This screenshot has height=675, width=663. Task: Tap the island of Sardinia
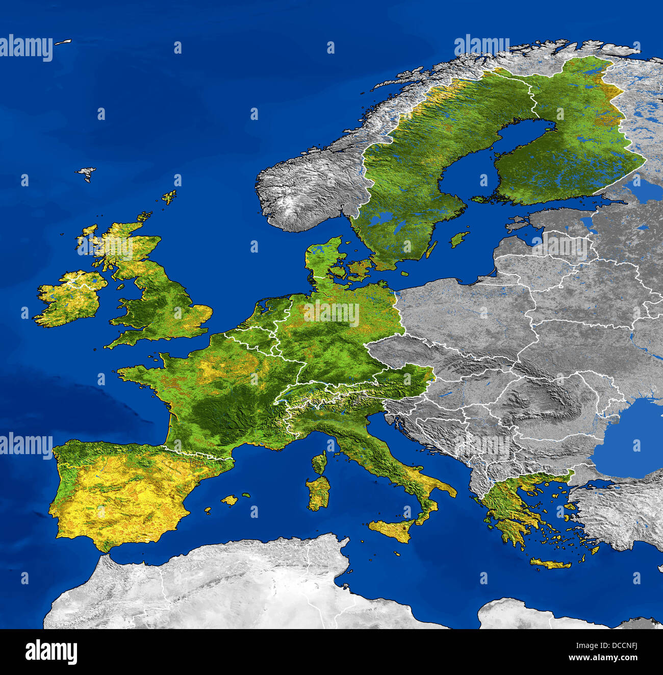tap(319, 493)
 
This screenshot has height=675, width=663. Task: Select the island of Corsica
tap(320, 462)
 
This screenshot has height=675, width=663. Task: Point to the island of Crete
tap(550, 564)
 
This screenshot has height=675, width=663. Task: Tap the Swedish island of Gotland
tap(460, 239)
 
